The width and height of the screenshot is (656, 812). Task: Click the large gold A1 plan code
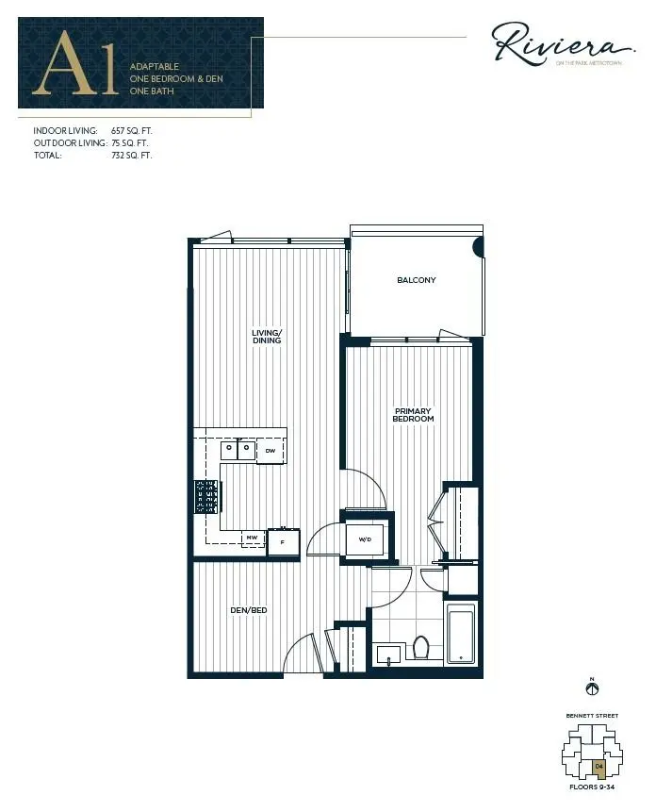point(77,65)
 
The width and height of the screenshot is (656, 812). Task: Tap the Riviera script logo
point(560,44)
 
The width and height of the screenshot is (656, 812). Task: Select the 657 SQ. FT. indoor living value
point(131,130)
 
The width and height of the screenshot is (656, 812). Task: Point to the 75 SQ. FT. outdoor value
point(129,142)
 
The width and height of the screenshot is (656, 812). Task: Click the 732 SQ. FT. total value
point(131,155)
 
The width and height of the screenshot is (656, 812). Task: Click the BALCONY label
point(416,280)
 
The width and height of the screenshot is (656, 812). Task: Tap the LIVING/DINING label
point(267,336)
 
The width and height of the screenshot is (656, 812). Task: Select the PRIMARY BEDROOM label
point(413,415)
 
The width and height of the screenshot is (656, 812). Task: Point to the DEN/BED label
point(250,611)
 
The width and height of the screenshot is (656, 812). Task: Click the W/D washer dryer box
point(364,540)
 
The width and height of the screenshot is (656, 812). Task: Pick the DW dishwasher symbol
point(270,451)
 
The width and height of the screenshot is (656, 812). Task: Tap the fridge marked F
point(283,542)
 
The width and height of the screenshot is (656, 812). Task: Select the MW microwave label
point(252,539)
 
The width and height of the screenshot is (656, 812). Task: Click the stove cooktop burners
point(206,496)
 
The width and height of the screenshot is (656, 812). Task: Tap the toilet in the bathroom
point(421,647)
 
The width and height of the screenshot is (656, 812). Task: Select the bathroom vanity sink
point(389,654)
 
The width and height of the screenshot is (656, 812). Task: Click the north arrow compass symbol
point(592,689)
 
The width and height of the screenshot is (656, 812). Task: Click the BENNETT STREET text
point(592,716)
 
